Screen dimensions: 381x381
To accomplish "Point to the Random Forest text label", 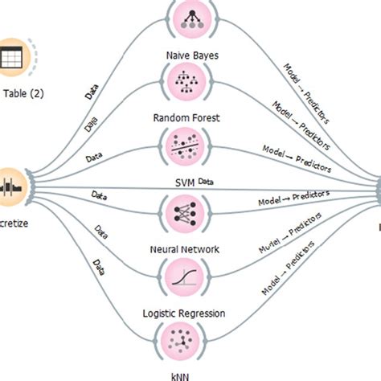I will [190, 117].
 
